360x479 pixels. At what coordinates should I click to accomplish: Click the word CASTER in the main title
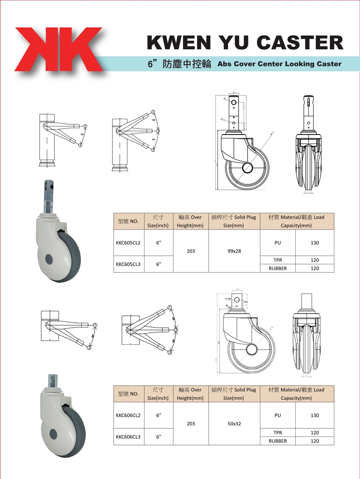300,43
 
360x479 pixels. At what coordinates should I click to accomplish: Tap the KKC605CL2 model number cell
128,243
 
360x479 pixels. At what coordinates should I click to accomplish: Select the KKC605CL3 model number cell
128,264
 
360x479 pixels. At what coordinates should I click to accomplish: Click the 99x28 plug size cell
234,251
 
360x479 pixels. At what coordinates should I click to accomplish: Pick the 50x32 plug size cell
234,424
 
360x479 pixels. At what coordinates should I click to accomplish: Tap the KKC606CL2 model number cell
128,416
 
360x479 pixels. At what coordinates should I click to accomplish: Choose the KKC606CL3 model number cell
128,436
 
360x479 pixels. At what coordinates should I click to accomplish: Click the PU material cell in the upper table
278,243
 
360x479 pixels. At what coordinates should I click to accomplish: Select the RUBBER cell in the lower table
278,441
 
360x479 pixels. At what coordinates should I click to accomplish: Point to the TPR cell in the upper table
278,260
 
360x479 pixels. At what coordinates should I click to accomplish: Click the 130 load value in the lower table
315,416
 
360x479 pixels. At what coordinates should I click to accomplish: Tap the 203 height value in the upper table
191,251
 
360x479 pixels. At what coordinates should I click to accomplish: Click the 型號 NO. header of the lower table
128,394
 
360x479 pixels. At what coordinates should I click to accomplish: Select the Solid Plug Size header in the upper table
234,221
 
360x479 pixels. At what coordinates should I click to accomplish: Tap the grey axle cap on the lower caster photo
53,434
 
